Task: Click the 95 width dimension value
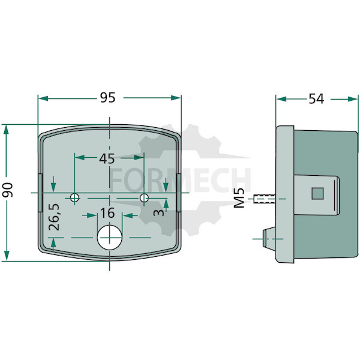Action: click(107, 98)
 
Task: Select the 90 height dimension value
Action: click(7, 190)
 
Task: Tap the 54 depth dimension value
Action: click(316, 99)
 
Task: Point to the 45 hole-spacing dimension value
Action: click(107, 158)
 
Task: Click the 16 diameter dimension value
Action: click(107, 213)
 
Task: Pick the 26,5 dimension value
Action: click(54, 217)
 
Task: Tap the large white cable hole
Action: click(110, 238)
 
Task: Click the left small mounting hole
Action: click(74, 197)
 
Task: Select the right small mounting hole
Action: click(144, 197)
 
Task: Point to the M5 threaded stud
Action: click(265, 199)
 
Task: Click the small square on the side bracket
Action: click(317, 193)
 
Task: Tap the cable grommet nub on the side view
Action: click(269, 238)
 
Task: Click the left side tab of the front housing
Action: click(40, 193)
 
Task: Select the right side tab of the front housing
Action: click(179, 193)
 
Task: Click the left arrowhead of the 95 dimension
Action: click(43, 98)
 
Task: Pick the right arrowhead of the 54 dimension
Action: click(353, 99)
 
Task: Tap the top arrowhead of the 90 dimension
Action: click(7, 130)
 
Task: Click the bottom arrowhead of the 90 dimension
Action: click(7, 256)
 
